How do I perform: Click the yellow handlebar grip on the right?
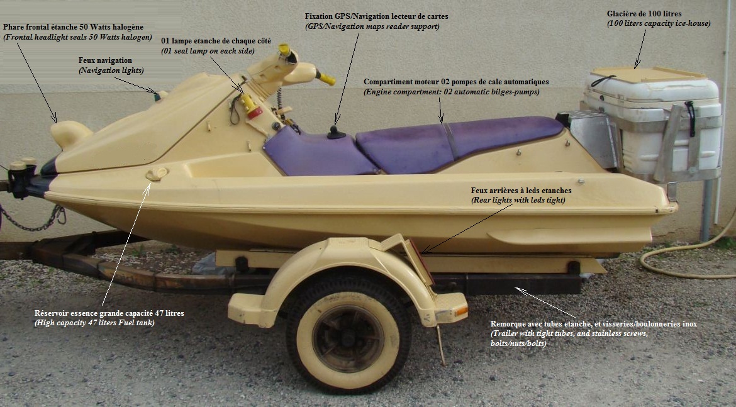[x=326, y=78]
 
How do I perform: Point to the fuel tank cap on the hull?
[x=156, y=174]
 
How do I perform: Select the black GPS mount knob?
[x=336, y=133]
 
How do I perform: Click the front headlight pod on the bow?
[x=70, y=134]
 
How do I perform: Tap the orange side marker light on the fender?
[x=461, y=311]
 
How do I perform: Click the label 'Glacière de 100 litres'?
[x=644, y=14]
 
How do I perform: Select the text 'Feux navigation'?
[x=105, y=60]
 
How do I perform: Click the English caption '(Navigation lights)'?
[x=111, y=70]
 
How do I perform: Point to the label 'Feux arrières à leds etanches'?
[x=521, y=190]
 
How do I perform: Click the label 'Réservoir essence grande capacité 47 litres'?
[x=109, y=313]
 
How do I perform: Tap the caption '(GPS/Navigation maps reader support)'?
[x=372, y=26]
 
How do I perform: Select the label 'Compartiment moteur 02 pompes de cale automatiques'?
[x=456, y=82]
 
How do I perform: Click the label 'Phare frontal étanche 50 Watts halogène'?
[x=73, y=27]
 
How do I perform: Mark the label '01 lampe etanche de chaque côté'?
[x=216, y=41]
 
